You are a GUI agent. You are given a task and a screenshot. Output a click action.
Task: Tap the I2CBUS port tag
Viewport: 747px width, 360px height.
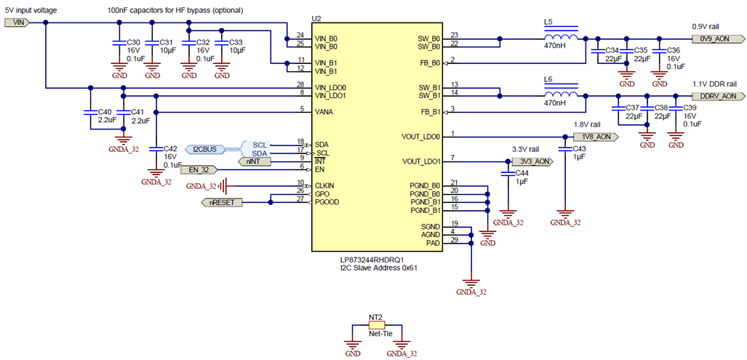pyautogui.click(x=204, y=149)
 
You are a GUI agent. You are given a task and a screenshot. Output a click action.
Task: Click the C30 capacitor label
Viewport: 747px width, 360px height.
pyautogui.click(x=133, y=43)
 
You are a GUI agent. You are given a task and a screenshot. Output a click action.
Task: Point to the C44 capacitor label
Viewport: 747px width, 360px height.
pyautogui.click(x=522, y=173)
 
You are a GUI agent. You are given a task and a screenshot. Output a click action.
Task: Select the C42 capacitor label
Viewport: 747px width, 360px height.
pyautogui.click(x=170, y=148)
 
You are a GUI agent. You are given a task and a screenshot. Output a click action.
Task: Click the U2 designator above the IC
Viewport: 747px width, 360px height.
pyautogui.click(x=316, y=18)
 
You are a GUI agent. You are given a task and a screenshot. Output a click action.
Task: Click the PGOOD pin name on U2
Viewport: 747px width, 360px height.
pyautogui.click(x=329, y=201)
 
